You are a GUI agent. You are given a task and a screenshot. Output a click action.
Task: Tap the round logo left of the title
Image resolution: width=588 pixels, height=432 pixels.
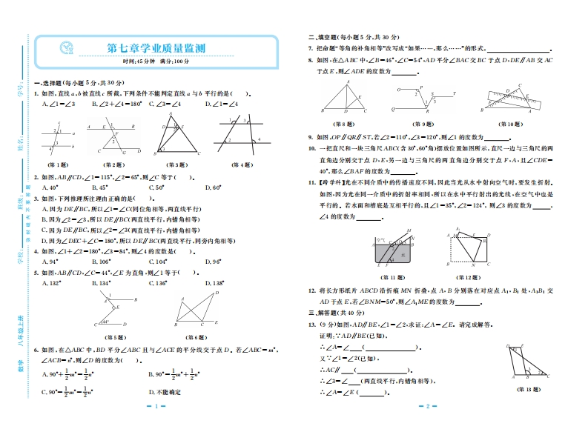click(66, 48)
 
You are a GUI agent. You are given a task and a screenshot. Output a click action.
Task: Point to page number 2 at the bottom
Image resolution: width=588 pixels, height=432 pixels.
click(429, 407)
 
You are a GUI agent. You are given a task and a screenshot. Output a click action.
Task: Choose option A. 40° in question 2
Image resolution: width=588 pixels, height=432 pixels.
click(51, 187)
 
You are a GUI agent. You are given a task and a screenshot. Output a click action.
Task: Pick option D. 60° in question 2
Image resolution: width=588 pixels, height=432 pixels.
click(211, 187)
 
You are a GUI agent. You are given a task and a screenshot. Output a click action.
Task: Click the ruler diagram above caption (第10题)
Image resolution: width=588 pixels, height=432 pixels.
click(510, 101)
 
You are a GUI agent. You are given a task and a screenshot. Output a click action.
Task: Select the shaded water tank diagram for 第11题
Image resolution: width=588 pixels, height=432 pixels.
click(390, 251)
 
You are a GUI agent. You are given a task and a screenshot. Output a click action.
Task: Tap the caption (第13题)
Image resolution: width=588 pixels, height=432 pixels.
click(528, 388)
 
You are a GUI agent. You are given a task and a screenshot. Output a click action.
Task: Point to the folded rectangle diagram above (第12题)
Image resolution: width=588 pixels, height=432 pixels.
click(471, 250)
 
